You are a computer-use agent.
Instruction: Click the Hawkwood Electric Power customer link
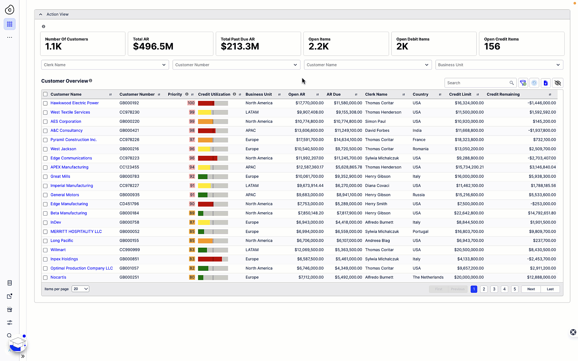74,103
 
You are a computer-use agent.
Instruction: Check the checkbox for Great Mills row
45,176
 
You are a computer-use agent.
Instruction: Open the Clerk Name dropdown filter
105,65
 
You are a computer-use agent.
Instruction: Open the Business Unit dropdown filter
499,65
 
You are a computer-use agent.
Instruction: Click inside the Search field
477,83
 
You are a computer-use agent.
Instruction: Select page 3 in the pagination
494,289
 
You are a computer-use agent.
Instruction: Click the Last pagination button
550,289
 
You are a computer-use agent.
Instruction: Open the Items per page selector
80,289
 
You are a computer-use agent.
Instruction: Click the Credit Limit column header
460,94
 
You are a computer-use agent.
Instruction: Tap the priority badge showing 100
191,103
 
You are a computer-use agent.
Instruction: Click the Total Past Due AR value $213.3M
240,46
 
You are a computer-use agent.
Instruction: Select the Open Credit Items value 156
492,46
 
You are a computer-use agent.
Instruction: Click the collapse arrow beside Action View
40,14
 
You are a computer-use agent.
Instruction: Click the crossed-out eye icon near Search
557,83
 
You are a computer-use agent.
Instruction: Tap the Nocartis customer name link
58,277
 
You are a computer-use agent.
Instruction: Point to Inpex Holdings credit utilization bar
213,259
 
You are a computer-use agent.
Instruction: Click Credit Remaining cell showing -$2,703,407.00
542,158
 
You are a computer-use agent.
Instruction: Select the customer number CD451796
129,204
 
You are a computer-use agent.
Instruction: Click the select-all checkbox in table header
45,94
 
